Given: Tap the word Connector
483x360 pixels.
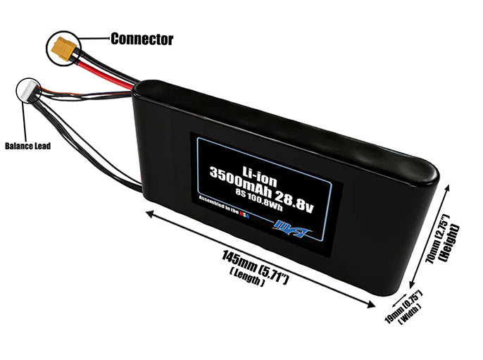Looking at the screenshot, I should [142, 39].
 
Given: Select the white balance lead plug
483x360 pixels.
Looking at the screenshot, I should [30, 90].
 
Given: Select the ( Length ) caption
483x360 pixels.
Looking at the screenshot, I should [246, 279].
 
